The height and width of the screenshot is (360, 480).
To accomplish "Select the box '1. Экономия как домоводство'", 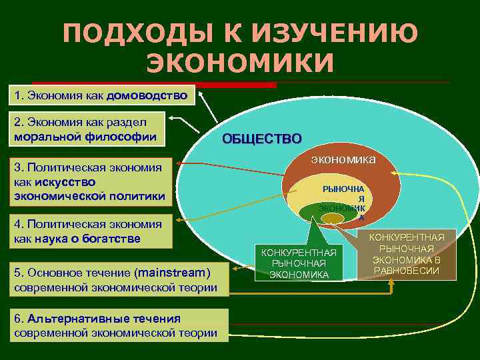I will [102, 95].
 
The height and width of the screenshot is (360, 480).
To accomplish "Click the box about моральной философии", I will [87, 129].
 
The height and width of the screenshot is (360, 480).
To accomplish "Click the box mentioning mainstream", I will [118, 279].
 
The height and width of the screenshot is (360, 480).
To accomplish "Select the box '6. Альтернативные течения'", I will [118, 325].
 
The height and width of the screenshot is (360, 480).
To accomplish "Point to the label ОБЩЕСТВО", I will [261, 139].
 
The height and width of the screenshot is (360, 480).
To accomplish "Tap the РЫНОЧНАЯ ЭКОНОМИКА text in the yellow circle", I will [342, 200].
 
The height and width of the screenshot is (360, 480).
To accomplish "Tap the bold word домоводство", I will [147, 95].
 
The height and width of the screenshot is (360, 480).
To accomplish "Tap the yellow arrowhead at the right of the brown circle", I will [395, 173].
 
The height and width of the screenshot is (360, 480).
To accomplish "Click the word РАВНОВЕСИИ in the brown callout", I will [407, 270].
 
